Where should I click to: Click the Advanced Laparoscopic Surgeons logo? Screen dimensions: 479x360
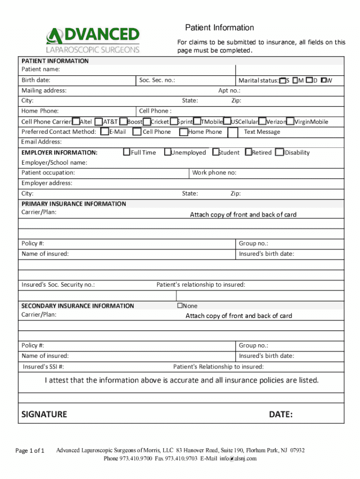click(93, 40)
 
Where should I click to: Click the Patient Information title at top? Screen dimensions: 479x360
click(219, 28)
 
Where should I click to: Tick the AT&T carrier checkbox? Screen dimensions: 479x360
click(99, 122)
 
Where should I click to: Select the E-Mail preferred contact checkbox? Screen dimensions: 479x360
click(105, 132)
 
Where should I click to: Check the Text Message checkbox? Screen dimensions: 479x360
click(233, 132)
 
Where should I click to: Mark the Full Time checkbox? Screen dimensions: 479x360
click(127, 152)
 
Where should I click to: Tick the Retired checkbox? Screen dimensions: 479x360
click(248, 152)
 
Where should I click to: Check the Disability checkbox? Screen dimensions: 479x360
click(280, 152)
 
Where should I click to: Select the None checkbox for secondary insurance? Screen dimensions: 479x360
click(179, 305)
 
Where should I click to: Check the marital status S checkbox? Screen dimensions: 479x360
click(282, 80)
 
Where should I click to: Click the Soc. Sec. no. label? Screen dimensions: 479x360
click(157, 80)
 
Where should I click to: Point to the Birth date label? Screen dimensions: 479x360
click(36, 80)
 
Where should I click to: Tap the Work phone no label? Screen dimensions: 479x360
click(214, 173)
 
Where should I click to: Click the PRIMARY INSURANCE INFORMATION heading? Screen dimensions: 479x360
click(74, 204)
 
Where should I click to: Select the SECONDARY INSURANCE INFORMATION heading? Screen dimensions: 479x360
click(78, 306)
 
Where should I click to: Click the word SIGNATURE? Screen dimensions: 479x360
click(44, 414)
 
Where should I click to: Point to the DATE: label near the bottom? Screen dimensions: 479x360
click(281, 414)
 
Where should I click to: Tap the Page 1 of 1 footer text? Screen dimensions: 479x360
click(30, 451)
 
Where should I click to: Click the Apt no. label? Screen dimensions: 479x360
click(229, 91)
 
